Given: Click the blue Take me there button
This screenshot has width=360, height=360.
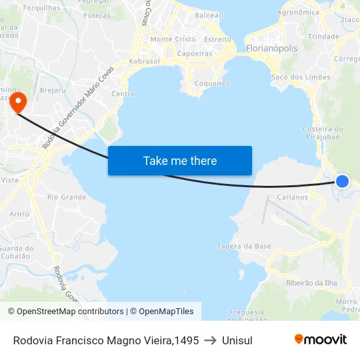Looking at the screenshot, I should coord(179,160).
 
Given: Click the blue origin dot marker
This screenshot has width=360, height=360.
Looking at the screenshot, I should coord(342,181).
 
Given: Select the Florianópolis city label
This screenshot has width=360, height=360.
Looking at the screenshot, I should coord(272,48).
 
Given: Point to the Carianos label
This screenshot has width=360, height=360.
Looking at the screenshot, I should coord(293,196).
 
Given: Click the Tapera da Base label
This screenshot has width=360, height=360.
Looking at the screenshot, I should coord(244,246).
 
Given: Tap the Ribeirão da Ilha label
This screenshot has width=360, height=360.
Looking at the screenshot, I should coord(312,283).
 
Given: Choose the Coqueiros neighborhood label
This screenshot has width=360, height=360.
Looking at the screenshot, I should coord(213,83).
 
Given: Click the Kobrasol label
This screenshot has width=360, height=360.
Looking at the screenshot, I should coord(145,61).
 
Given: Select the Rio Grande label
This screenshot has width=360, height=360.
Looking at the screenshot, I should coord(67,196).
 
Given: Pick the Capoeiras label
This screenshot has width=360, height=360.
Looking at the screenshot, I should coord(195,54).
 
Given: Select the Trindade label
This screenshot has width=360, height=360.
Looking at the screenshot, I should coord(323,37).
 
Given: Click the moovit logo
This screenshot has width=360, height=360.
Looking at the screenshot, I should coord(321,339).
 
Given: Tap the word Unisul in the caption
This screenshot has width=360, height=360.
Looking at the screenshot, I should coord(237,340).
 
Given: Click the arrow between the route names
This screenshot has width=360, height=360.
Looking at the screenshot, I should coord(210,340).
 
